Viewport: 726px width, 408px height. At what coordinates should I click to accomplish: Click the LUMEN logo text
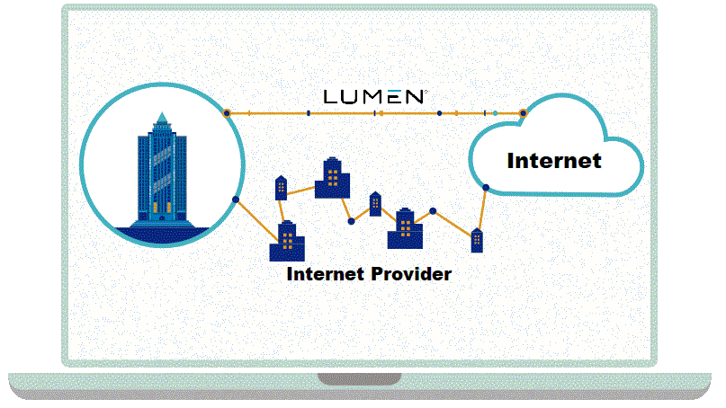point(374,96)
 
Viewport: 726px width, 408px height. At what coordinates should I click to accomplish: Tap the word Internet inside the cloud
point(553,162)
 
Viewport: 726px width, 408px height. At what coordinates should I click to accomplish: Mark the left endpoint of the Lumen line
point(227,113)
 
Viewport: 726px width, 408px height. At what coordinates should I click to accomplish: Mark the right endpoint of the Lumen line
point(523,113)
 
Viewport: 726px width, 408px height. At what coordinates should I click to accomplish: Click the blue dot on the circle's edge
point(236,200)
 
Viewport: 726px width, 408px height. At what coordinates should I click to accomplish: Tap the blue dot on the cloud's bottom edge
point(486,188)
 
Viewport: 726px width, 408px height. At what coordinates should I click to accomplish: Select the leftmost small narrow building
point(280,187)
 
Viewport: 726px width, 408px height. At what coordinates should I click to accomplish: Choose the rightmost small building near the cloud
point(477,240)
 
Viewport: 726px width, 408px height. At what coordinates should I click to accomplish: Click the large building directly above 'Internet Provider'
point(288,241)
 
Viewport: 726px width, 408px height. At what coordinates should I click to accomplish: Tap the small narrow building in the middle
point(375,204)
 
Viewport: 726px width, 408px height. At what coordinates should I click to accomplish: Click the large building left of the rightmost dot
point(405,229)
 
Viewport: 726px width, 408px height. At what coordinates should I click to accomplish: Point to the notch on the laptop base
point(359,379)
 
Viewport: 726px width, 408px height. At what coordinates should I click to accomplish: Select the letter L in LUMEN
point(330,96)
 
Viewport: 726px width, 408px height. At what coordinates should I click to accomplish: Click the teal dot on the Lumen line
point(495,113)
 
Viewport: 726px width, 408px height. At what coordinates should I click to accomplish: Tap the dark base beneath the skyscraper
point(162,233)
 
